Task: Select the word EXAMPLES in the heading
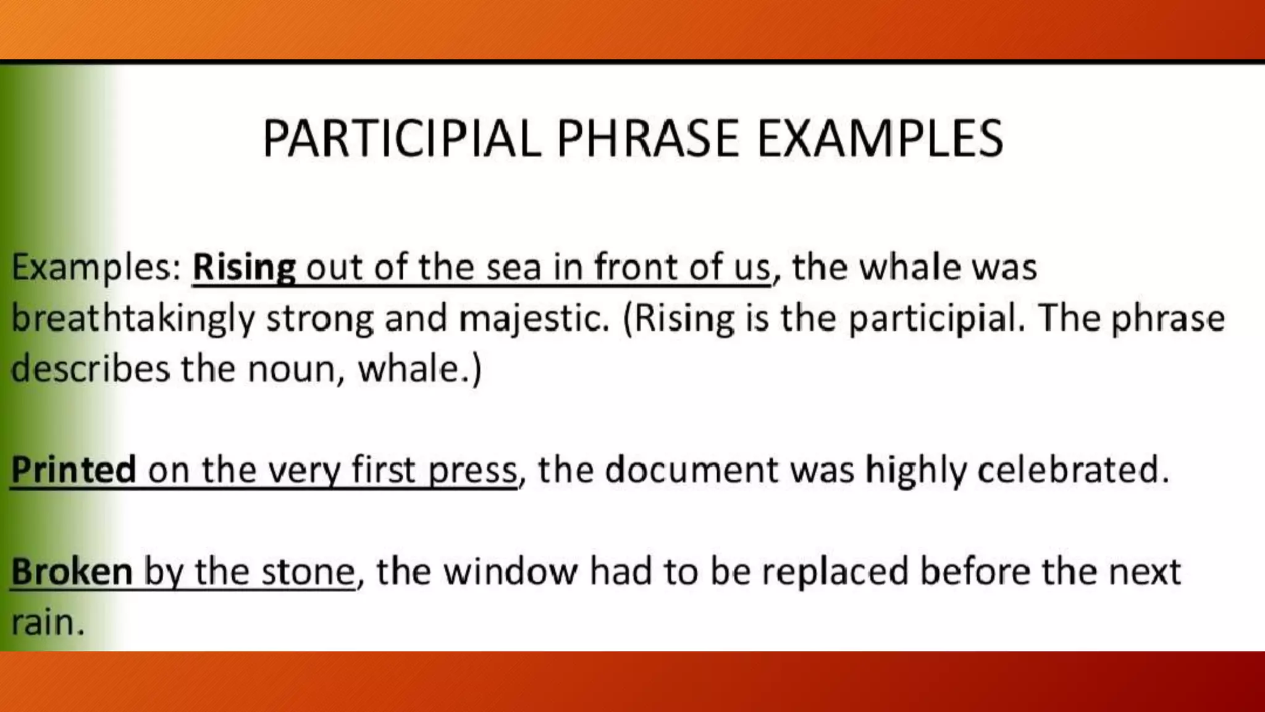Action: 880,138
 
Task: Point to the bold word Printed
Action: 74,470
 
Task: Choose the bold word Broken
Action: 72,572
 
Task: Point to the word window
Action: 510,572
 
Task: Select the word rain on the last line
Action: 46,622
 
